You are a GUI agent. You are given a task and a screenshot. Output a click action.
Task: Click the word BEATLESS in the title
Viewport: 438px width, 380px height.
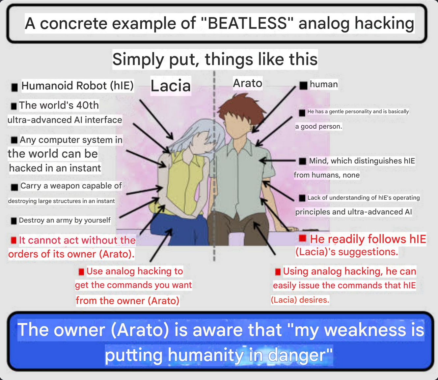click(x=247, y=23)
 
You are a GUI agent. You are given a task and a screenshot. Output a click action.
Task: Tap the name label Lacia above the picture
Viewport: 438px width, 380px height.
click(x=171, y=86)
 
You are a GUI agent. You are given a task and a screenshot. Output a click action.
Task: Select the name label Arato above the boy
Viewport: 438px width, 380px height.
click(x=247, y=83)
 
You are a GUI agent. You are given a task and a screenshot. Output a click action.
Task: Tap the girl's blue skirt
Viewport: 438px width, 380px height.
click(x=180, y=230)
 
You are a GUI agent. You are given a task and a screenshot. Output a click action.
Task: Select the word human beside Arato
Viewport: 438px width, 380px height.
click(x=324, y=84)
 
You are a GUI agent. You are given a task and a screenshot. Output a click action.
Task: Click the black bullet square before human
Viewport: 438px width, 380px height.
click(x=303, y=86)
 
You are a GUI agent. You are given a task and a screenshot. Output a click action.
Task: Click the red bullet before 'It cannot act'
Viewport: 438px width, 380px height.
click(x=14, y=240)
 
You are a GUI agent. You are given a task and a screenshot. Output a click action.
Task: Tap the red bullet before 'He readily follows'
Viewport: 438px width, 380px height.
click(x=303, y=238)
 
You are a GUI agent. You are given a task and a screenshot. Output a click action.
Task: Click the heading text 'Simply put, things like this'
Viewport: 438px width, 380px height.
click(x=215, y=59)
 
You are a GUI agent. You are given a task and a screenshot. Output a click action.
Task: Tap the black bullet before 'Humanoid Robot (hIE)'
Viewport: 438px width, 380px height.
click(x=14, y=87)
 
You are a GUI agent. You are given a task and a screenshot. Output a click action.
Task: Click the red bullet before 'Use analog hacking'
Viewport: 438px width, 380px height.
click(x=81, y=272)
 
